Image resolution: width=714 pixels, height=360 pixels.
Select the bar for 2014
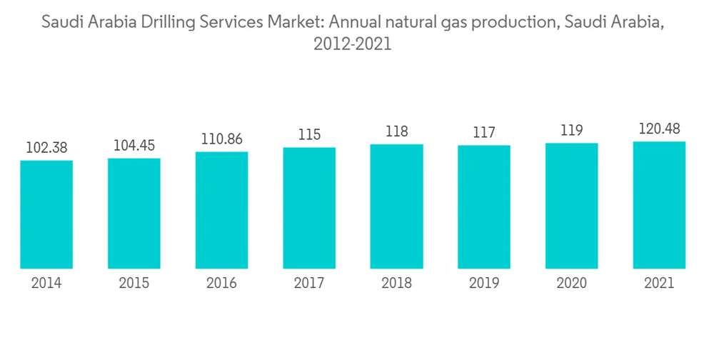click(46, 214)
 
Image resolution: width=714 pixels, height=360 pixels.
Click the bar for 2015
click(134, 213)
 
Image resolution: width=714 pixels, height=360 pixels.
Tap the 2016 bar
click(221, 210)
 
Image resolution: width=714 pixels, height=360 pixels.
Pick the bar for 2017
click(309, 208)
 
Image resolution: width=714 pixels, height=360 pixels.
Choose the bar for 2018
click(396, 206)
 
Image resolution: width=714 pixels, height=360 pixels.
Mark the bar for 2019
click(484, 207)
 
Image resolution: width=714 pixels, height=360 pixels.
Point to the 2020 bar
click(571, 206)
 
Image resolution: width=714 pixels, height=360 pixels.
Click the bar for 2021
click(659, 205)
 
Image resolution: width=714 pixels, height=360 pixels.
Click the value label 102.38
click(46, 147)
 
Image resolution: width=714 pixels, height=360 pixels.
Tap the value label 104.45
click(134, 145)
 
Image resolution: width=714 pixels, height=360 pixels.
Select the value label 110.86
click(221, 139)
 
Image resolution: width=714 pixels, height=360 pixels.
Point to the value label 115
click(309, 134)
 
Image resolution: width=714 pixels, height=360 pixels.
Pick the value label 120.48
click(659, 129)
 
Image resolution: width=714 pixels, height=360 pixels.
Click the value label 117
click(484, 132)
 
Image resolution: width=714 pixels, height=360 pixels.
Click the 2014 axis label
click(46, 284)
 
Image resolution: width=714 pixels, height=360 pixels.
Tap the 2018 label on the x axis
click(396, 284)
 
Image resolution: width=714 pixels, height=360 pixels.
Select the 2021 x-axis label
click(659, 284)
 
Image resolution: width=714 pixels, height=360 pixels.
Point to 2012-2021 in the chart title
click(352, 44)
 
